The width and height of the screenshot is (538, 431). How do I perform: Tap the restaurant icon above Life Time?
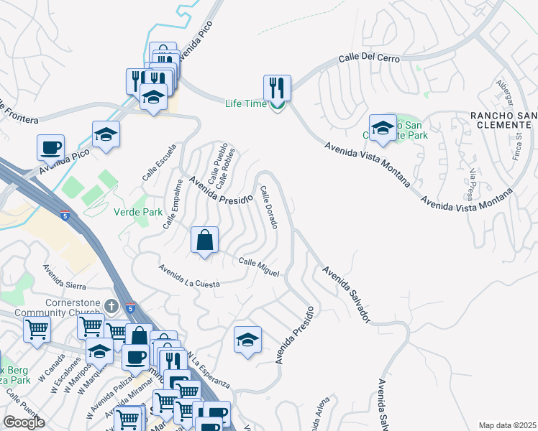277,88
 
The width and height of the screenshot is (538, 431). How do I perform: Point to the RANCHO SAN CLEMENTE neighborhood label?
503,119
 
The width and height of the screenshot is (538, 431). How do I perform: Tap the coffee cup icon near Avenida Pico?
50,147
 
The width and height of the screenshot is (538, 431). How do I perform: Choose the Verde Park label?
138,211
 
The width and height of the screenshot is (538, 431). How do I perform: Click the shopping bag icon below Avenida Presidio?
205,240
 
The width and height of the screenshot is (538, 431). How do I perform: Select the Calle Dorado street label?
269,208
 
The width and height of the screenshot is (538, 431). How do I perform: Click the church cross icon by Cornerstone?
111,307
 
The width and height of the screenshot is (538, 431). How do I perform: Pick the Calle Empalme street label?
173,205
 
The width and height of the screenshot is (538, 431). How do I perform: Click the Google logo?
24,422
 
